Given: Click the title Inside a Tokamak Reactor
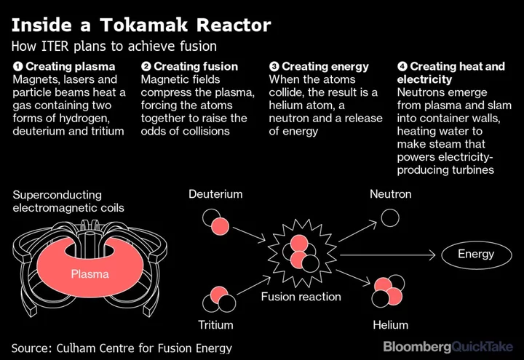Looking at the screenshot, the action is click(x=141, y=25).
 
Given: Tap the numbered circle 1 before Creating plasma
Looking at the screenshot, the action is click(x=17, y=66).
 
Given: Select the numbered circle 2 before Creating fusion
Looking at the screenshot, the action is click(x=146, y=66).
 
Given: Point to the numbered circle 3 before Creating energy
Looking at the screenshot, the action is click(x=274, y=66).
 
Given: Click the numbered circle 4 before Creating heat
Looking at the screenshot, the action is click(x=402, y=66).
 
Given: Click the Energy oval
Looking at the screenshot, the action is click(x=477, y=255).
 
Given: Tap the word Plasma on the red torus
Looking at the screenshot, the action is click(x=90, y=274).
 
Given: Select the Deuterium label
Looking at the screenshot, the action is click(x=215, y=194).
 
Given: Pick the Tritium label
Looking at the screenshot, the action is click(x=215, y=324).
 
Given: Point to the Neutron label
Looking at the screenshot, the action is click(x=391, y=194).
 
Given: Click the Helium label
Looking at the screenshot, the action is click(x=391, y=324).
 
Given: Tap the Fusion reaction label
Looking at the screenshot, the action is click(x=301, y=297).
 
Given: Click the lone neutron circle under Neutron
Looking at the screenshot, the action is click(x=390, y=217).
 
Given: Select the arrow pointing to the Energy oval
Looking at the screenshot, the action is click(x=388, y=255).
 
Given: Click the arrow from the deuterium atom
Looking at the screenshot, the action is click(x=249, y=233).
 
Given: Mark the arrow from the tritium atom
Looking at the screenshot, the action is click(x=254, y=285).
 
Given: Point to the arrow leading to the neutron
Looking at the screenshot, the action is click(x=357, y=231).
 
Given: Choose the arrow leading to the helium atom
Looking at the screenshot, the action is click(x=353, y=277).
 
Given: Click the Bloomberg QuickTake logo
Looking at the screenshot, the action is click(x=448, y=347).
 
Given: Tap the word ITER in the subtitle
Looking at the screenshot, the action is click(x=55, y=46).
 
